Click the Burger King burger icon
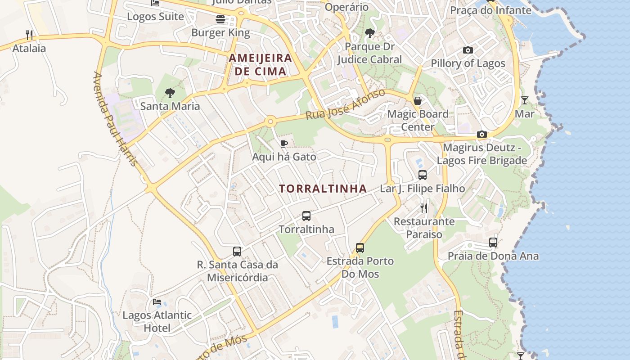[x=220, y=19]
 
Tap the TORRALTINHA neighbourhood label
[x=323, y=189]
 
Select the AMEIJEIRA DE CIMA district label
[x=261, y=64]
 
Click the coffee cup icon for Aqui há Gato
[x=284, y=144]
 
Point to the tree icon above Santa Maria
[x=170, y=93]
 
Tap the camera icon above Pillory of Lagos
[x=468, y=50]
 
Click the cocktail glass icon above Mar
[x=525, y=100]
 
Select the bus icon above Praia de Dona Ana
[x=493, y=243]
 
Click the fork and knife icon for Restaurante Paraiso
[x=424, y=208]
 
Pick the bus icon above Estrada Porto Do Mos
[x=360, y=247]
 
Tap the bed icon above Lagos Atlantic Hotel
[x=157, y=301]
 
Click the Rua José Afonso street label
[x=345, y=104]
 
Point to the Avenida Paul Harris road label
[x=115, y=119]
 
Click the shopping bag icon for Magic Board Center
[x=418, y=100]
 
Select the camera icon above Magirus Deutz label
[x=482, y=134]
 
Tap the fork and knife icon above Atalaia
[x=29, y=35]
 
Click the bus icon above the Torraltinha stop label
[x=306, y=216]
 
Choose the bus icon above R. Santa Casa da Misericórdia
[x=237, y=252]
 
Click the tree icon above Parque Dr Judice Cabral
[x=370, y=33]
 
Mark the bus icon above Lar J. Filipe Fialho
[x=423, y=175]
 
